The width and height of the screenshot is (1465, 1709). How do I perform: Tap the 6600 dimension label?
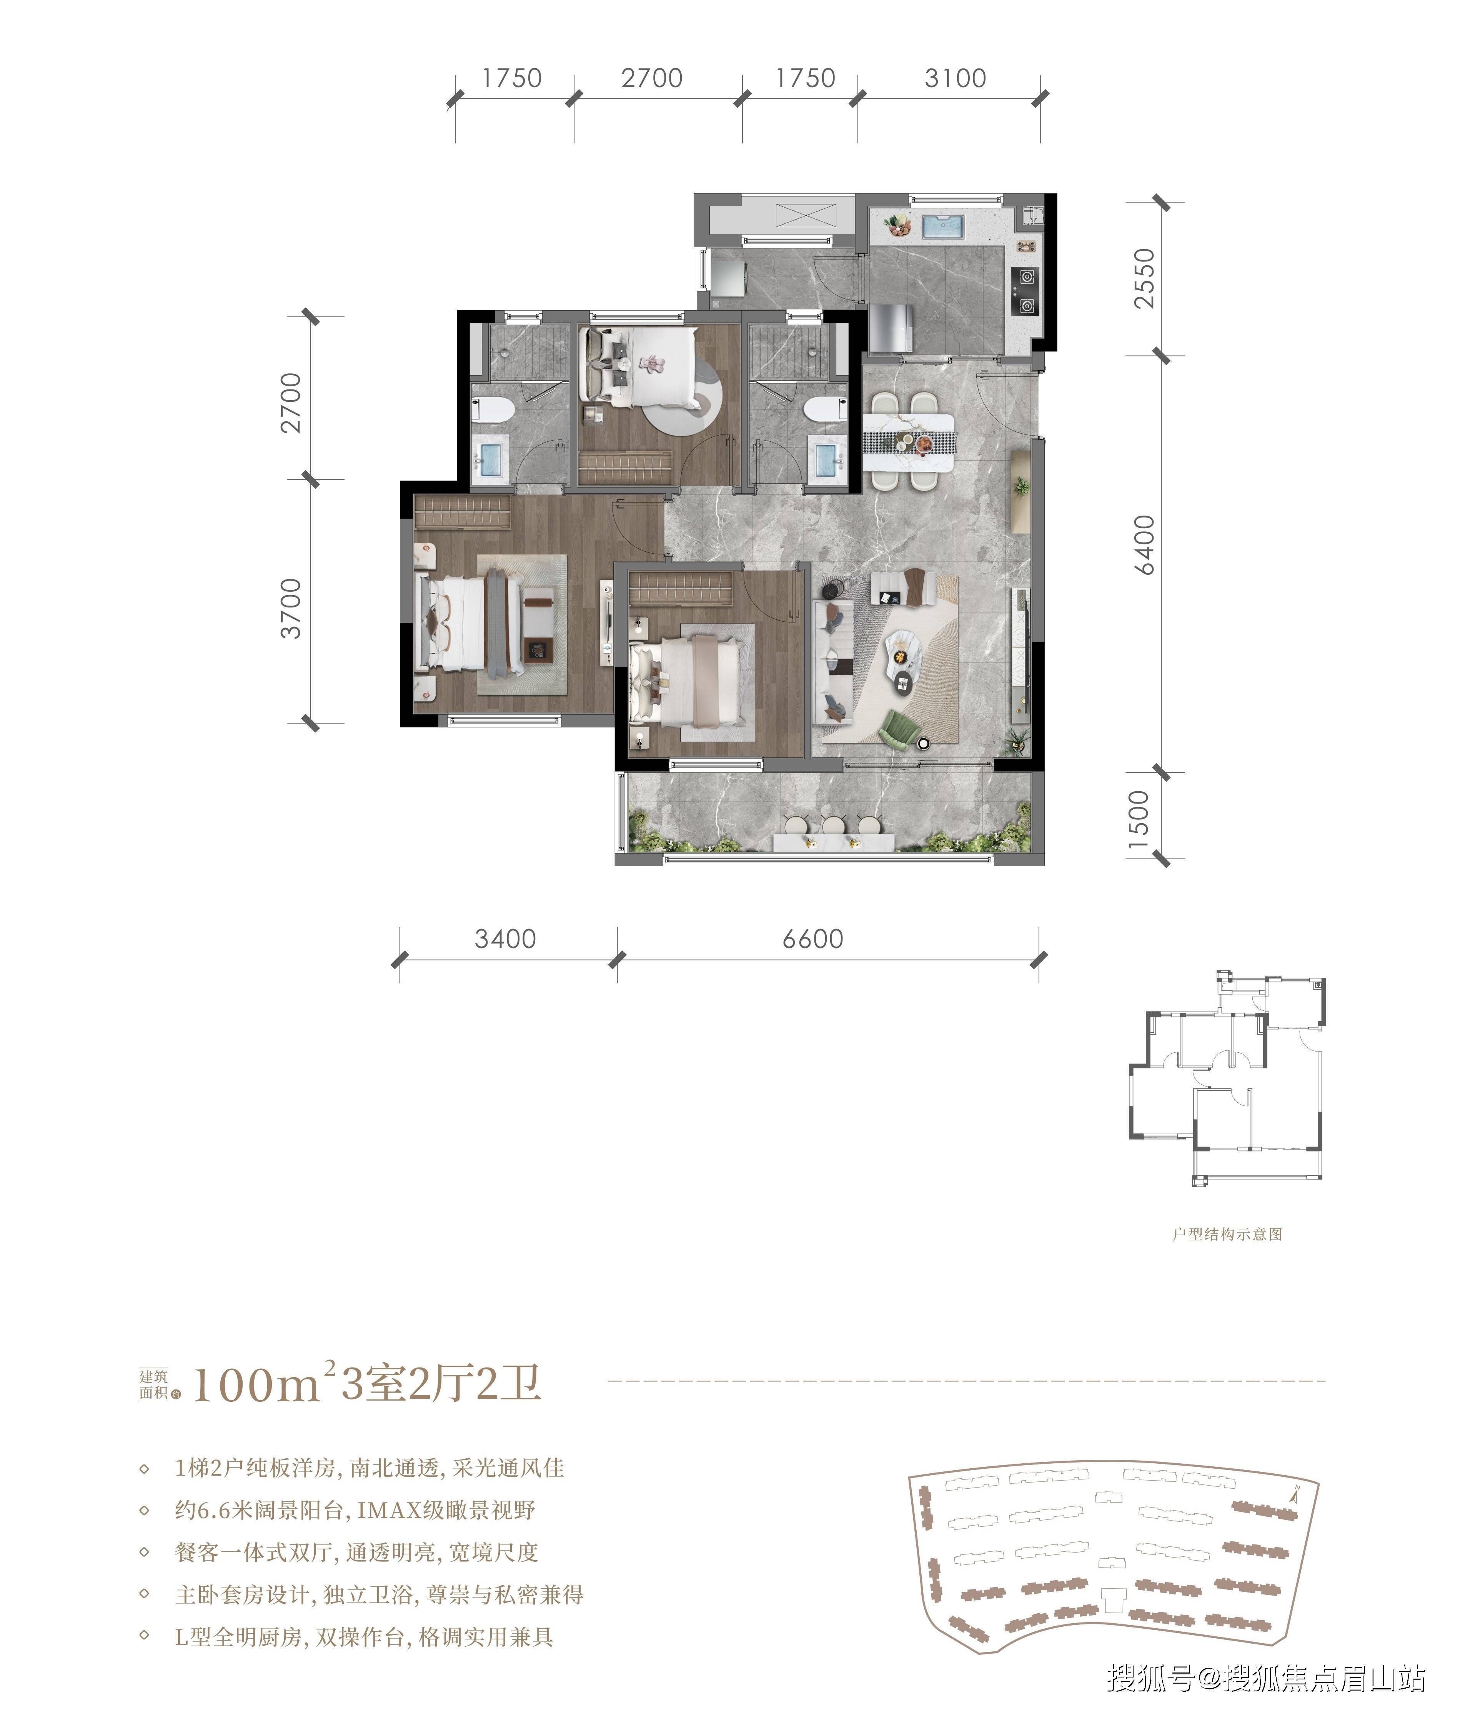pos(812,939)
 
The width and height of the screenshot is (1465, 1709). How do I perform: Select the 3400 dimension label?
pos(505,939)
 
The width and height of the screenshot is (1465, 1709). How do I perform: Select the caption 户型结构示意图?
pos(1227,1257)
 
